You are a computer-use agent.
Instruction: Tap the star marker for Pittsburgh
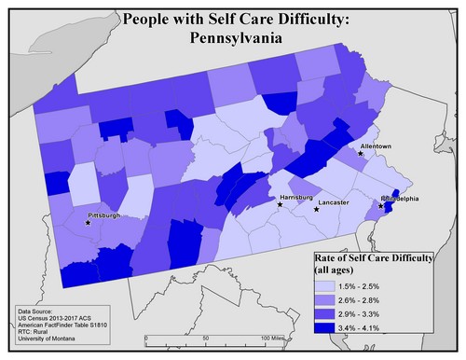tap(89, 223)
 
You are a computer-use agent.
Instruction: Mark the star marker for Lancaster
tap(316, 209)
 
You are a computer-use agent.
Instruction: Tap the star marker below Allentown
tap(362, 154)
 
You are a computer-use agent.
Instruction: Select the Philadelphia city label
tap(401, 199)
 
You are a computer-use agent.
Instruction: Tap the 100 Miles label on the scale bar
tap(274, 337)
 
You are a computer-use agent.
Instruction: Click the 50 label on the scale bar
tap(205, 337)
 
